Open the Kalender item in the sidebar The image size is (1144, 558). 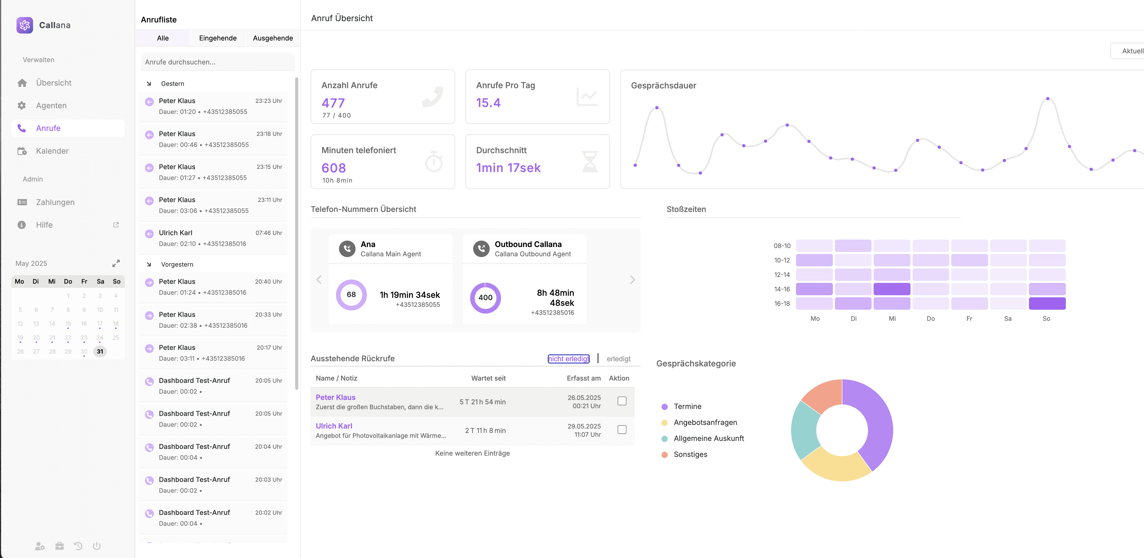pos(52,151)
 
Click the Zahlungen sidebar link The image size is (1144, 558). pos(55,202)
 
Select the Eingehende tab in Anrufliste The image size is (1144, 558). pos(217,38)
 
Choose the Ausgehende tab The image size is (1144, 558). pos(273,38)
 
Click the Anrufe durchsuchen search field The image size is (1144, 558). pos(217,62)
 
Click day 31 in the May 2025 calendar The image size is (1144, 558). pos(100,351)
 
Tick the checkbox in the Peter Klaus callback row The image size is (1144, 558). pos(622,401)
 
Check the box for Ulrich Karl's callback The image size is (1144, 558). pos(622,430)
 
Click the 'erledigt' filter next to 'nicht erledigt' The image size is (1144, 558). pos(618,359)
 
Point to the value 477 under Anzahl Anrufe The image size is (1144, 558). pos(333,103)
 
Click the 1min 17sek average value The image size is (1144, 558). pos(508,168)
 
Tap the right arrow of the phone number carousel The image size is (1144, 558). pos(632,280)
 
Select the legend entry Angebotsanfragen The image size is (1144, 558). pos(705,422)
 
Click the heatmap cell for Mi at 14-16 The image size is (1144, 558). pos(891,289)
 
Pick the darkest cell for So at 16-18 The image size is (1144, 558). pos(1047,304)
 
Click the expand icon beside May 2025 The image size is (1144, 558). pos(116,263)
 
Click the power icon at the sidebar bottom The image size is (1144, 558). pos(97,546)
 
